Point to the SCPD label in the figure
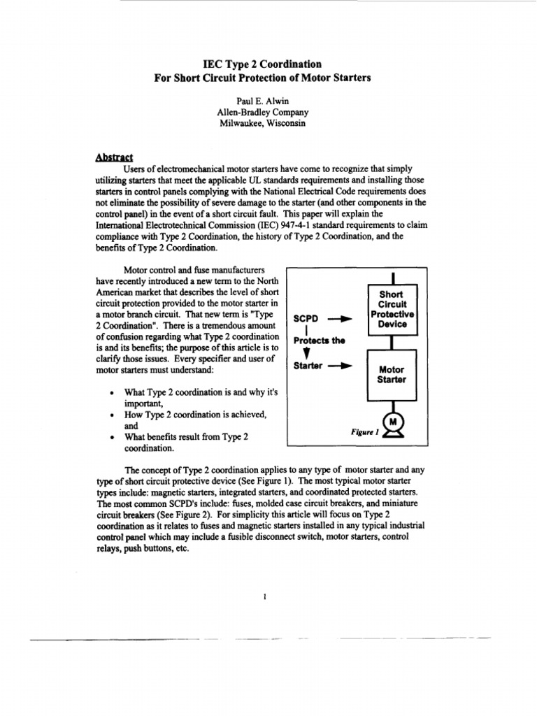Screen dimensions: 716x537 click(306, 319)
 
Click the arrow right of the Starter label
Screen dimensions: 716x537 click(339, 366)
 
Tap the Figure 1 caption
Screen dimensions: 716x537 click(365, 432)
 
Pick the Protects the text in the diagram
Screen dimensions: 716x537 click(320, 341)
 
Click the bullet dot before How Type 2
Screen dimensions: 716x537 click(112, 415)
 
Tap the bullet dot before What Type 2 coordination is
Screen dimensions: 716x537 click(112, 393)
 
